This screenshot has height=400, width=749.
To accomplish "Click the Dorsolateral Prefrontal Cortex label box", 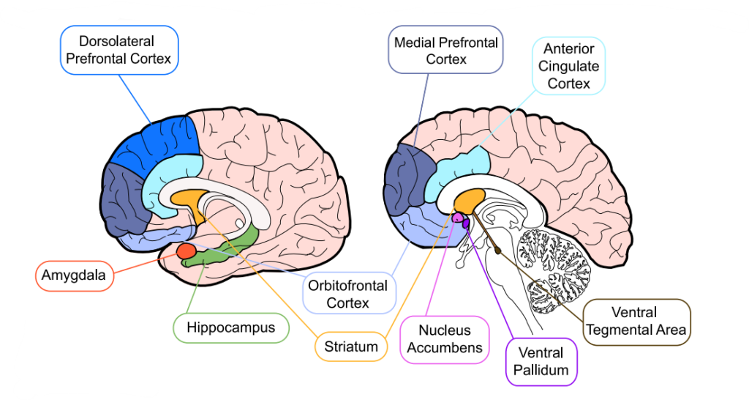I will tap(119, 50).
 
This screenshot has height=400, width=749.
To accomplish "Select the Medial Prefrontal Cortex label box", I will tap(445, 51).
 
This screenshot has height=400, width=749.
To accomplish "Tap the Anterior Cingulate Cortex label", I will tap(568, 66).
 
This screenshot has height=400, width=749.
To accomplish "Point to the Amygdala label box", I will tap(74, 276).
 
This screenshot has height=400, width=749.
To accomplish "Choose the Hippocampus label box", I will tap(231, 327).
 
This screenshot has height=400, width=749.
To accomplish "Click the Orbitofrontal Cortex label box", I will tap(348, 293).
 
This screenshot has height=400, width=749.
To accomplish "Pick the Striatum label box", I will tap(351, 346).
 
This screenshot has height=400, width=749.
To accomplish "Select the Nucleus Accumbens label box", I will tap(445, 339).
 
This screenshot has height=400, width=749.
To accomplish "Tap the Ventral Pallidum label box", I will tap(541, 362).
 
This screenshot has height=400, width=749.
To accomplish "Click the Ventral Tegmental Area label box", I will tap(636, 321).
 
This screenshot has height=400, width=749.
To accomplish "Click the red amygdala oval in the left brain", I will tap(185, 253).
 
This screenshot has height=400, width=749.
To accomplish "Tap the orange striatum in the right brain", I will tap(469, 199).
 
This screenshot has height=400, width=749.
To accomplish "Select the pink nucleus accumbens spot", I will tap(459, 218).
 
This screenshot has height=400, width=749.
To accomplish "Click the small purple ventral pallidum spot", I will tap(465, 224).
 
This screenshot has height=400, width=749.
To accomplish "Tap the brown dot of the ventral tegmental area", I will tap(500, 251).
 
